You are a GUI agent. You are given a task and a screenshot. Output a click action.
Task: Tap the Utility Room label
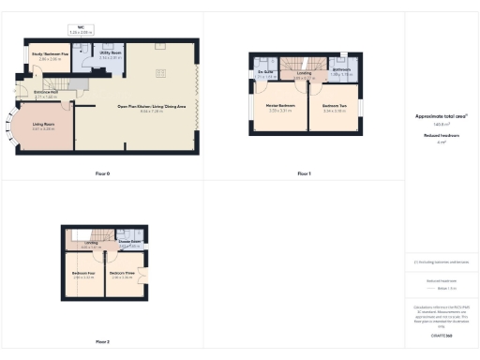111,55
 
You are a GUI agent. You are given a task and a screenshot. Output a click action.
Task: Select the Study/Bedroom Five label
48,58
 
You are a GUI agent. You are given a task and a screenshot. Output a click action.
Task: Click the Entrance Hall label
47,93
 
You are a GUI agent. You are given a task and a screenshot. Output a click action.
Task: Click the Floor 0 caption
102,174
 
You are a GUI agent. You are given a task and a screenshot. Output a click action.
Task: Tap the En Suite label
265,72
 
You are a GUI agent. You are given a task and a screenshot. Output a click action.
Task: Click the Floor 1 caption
303,174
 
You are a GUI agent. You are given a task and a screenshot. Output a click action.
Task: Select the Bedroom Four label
83,276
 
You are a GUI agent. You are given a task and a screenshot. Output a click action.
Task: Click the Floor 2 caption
102,341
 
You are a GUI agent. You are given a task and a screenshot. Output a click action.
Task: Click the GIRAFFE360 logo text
441,335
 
